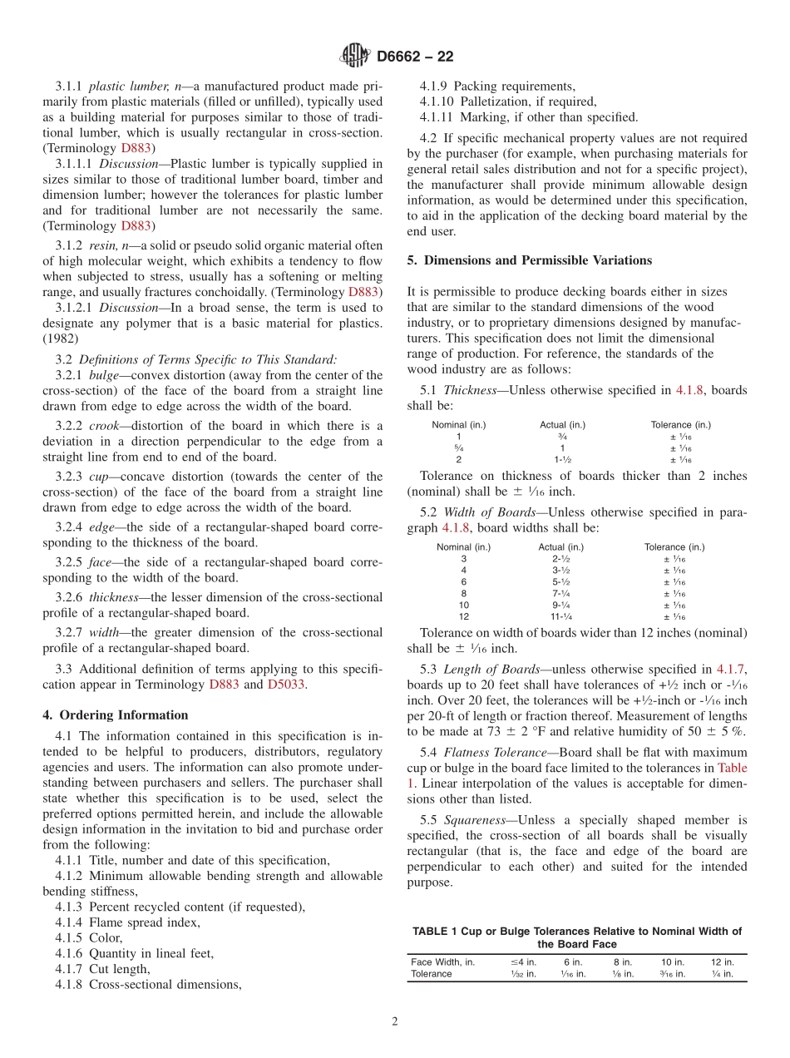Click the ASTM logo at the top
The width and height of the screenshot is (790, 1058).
pyautogui.click(x=354, y=56)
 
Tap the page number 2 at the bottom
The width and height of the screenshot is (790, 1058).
pyautogui.click(x=394, y=1021)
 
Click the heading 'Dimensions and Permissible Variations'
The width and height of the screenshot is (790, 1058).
pyautogui.click(x=537, y=260)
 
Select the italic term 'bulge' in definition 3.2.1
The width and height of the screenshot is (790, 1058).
pyautogui.click(x=103, y=375)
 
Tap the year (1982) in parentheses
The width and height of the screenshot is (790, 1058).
pyautogui.click(x=61, y=339)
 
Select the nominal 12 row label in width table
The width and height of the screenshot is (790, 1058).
pyautogui.click(x=463, y=616)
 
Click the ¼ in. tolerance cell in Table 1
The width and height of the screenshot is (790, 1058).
pyautogui.click(x=722, y=974)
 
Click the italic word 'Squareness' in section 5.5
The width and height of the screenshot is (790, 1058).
pyautogui.click(x=475, y=820)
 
